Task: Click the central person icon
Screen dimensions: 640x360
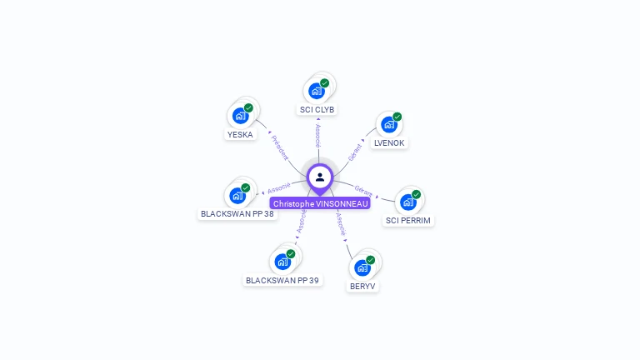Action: (320, 177)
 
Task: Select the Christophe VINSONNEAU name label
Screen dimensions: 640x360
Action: (320, 203)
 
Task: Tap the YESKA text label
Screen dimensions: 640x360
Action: (240, 134)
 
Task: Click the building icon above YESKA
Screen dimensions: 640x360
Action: (241, 115)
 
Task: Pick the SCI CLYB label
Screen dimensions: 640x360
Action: (317, 109)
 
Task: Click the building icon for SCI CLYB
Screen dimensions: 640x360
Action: (317, 90)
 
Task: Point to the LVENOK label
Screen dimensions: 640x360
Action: (389, 142)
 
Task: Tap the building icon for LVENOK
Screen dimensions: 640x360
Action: (389, 124)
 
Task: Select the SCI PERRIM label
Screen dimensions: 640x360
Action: (408, 221)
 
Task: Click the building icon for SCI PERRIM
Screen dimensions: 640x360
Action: (408, 202)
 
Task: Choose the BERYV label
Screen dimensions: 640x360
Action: (362, 286)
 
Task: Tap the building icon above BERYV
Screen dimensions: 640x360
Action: (362, 267)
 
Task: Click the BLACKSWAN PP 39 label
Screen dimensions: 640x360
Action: (282, 280)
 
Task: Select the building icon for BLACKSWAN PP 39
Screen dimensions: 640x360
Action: (282, 261)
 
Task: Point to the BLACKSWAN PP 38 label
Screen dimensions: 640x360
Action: (237, 213)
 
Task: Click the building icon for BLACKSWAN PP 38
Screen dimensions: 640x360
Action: (238, 195)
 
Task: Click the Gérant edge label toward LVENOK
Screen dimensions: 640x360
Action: (356, 152)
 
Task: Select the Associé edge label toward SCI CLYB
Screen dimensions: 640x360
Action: (317, 133)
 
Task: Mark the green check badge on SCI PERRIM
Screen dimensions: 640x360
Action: (416, 194)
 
